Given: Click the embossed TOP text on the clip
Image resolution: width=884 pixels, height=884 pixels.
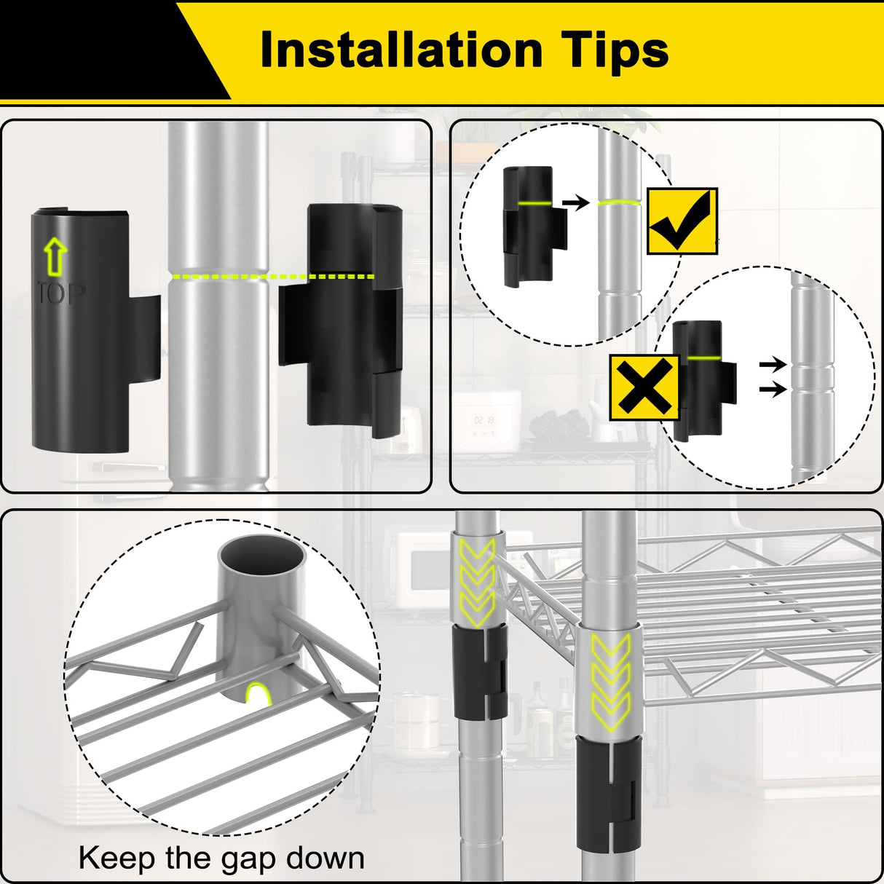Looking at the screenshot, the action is [x=61, y=293].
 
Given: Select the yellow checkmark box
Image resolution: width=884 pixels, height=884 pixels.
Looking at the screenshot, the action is [x=682, y=221].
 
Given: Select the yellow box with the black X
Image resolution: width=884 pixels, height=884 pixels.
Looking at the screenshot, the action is [x=644, y=387].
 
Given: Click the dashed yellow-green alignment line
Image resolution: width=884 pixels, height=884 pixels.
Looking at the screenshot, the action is [x=273, y=277].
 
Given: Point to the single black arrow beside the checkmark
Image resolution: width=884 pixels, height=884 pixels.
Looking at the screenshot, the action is [x=576, y=202].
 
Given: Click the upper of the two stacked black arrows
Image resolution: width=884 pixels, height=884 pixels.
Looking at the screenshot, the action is [x=773, y=365].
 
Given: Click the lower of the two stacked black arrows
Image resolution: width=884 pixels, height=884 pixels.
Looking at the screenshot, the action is [x=773, y=390].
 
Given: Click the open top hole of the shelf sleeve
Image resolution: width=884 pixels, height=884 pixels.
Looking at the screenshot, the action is [x=261, y=557].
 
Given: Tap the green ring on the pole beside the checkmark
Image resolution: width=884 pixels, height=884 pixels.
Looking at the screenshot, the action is [x=619, y=202].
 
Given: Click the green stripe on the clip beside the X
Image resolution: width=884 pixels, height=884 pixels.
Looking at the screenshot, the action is [x=703, y=357].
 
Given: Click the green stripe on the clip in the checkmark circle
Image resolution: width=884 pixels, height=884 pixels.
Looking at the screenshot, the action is [x=535, y=203].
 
